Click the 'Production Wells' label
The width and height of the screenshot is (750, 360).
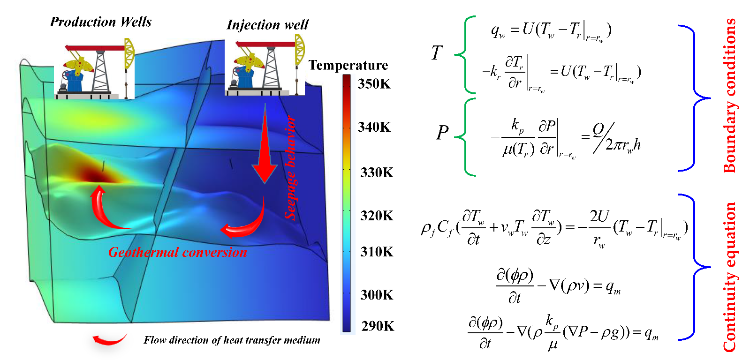click(101, 22)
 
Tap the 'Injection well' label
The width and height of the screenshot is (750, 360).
click(267, 25)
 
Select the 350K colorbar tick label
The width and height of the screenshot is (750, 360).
click(374, 84)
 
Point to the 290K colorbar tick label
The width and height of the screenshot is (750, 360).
click(378, 326)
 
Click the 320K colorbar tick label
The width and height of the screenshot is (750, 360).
click(377, 216)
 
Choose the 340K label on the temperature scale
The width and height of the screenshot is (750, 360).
click(374, 127)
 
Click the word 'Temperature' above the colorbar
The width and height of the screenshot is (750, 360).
click(348, 65)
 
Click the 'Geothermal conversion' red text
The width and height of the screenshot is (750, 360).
click(177, 252)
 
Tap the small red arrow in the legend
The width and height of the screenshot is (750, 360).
click(109, 339)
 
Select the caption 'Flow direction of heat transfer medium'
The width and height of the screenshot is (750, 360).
click(232, 340)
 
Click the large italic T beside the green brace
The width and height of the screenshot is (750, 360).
click(437, 53)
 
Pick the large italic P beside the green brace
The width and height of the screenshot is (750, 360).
click(442, 133)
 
